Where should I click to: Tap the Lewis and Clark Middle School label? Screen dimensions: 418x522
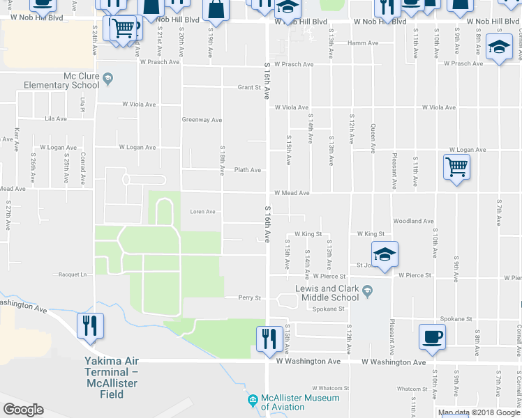pos(327,293)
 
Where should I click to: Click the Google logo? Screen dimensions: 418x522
pos(23,410)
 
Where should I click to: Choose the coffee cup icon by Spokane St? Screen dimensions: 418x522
pos(433,336)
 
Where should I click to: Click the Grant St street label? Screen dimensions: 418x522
pos(249,88)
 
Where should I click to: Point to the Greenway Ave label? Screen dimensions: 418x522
pos(202,119)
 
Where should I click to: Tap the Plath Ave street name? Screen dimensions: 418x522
pos(248,170)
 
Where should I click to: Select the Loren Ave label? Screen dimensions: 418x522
pos(202,212)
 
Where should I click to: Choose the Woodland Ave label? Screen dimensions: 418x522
pos(413,221)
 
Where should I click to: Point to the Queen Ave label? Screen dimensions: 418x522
pos(373,139)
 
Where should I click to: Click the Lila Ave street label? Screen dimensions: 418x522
pos(55,119)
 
